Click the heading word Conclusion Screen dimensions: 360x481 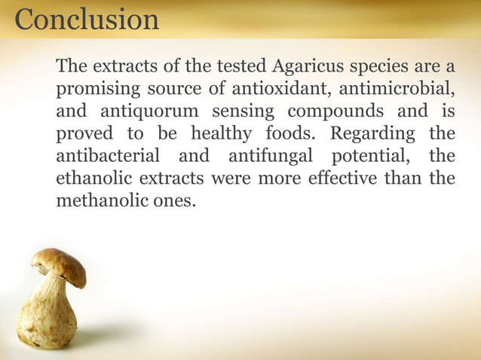[87, 19]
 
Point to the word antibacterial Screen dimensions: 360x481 [109, 157]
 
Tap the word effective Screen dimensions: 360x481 [326, 179]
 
